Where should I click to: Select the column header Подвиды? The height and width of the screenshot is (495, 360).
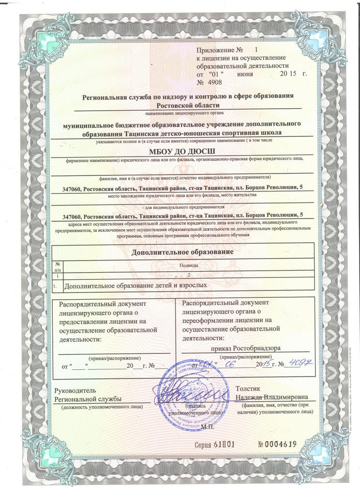189,266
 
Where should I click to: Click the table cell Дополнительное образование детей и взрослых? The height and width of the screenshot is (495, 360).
136,285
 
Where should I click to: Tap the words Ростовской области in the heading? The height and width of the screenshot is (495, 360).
188,104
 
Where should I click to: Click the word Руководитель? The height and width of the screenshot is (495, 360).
75,390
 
